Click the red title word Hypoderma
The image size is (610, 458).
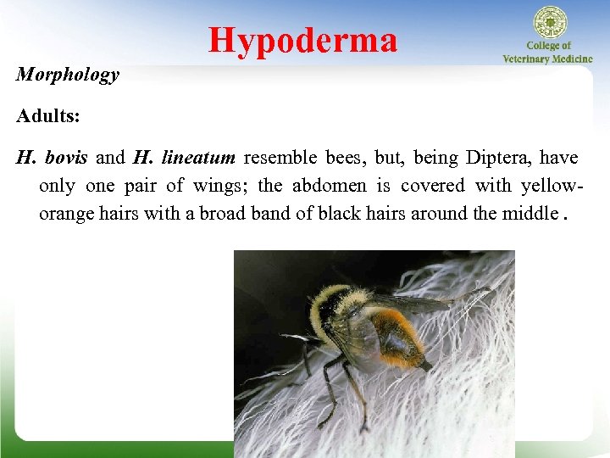pos(302,40)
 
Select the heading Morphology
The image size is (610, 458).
pos(68,75)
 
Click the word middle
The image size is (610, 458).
pos(529,213)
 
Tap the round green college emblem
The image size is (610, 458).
pos(548,23)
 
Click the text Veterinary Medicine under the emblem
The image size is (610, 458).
pos(548,59)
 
